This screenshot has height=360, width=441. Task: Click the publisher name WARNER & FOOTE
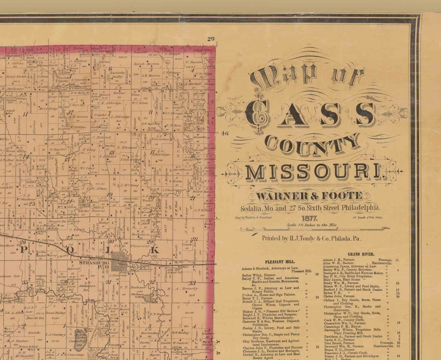tap(309, 196)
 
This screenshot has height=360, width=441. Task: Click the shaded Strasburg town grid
tap(119, 262)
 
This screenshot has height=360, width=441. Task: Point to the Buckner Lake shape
tap(150, 297)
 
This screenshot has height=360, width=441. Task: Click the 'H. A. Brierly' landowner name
tap(182, 288)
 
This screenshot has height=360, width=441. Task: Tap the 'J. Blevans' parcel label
tap(127, 147)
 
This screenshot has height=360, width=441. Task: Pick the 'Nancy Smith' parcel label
tap(16, 77)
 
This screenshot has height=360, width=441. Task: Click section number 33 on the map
tap(192, 283)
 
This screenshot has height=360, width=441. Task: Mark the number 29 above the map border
tap(210, 39)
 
